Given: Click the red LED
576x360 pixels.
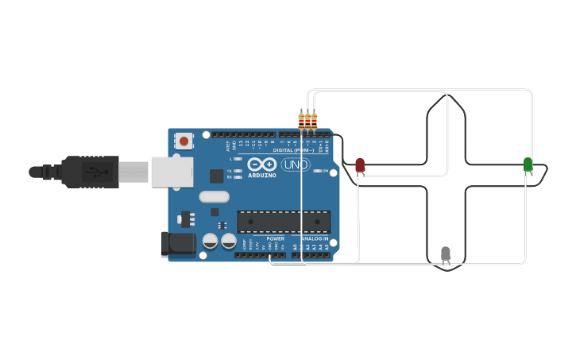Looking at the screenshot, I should point(360,165).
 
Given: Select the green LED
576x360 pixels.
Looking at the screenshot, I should point(528,164).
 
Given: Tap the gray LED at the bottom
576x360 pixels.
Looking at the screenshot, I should point(446,254).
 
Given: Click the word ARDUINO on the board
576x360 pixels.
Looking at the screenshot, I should point(262,175).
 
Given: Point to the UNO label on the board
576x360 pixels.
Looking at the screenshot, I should point(296,165).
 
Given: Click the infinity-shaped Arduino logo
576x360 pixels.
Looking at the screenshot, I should point(261,165).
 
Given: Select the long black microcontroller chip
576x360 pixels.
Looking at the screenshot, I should point(283,222).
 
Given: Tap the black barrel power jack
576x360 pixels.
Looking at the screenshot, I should point(177,244).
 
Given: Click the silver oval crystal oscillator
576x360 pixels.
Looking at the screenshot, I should point(214,197).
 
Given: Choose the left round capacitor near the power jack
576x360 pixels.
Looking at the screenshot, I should point(211,241).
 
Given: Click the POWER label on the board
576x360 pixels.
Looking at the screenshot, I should point(275,238).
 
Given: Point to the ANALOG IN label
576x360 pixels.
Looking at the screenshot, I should point(315,238).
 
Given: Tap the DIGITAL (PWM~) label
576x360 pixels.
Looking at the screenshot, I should point(293,149).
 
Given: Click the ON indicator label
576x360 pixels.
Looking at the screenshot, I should point(324,171).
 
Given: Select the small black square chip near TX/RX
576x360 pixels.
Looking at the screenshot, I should point(216,176).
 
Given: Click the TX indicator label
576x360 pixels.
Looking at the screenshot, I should point(230,171).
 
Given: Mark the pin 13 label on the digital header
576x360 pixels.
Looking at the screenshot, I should point(239,145).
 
